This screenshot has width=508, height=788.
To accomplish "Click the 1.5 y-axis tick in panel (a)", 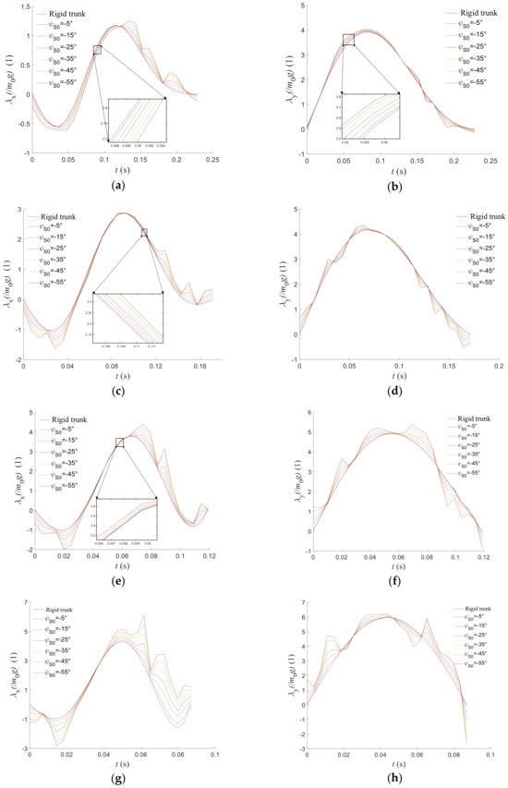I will click(x=24, y=6).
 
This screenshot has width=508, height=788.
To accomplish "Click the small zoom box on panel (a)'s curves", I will click(x=97, y=50).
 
